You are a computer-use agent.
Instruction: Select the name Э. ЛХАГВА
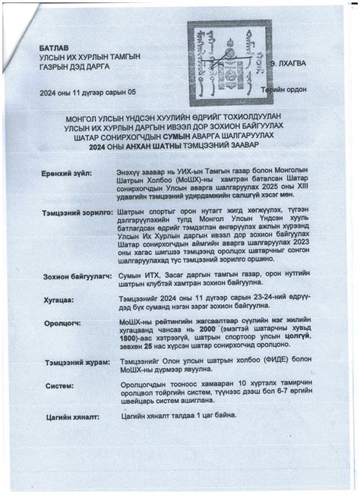(287, 64)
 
